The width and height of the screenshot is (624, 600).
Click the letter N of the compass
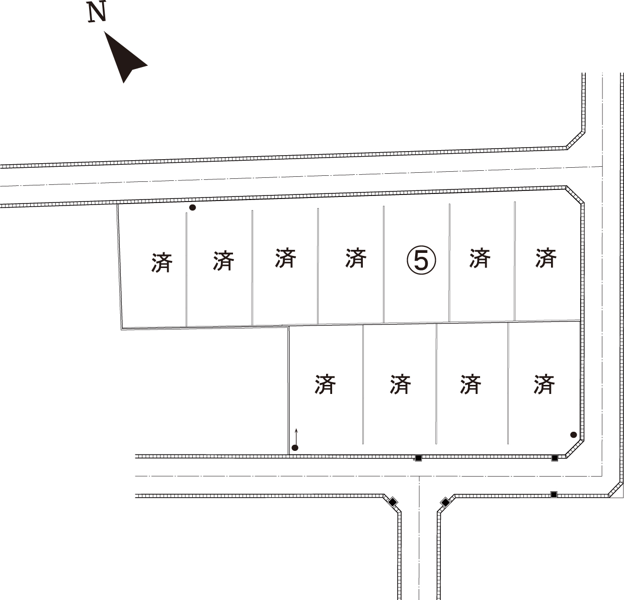[97, 12]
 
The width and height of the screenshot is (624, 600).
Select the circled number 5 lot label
[421, 260]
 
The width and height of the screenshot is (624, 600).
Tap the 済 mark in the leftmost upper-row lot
[162, 262]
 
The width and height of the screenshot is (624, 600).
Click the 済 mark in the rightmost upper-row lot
[546, 257]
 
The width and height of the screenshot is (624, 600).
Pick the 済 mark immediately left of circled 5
[356, 258]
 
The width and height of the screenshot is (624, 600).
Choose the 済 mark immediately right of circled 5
[480, 258]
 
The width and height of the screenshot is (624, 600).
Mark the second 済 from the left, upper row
[223, 260]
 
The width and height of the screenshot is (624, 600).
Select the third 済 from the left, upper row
[285, 257]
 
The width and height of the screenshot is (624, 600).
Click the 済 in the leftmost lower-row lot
[325, 384]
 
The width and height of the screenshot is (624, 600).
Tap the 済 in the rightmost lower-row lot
[544, 384]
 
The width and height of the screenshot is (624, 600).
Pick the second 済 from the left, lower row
[400, 384]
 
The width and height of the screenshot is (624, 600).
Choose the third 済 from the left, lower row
[471, 384]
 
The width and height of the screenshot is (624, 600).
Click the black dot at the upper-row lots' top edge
[192, 208]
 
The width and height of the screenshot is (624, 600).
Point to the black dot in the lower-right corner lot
[574, 435]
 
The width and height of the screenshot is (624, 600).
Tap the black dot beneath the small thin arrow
[295, 448]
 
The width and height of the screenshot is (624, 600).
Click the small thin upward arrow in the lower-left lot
[296, 436]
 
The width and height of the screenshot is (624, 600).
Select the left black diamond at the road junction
[393, 502]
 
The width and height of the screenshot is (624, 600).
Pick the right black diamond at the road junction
[445, 502]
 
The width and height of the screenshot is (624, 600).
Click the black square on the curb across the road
[554, 494]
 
